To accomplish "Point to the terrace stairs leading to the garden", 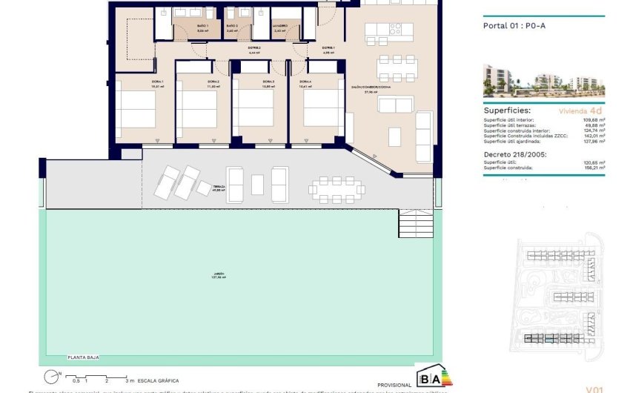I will point(415,223).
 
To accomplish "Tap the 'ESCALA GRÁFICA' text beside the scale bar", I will point(157,380).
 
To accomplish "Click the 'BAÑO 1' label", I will point(202,26).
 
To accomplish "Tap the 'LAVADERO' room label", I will point(279,26).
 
